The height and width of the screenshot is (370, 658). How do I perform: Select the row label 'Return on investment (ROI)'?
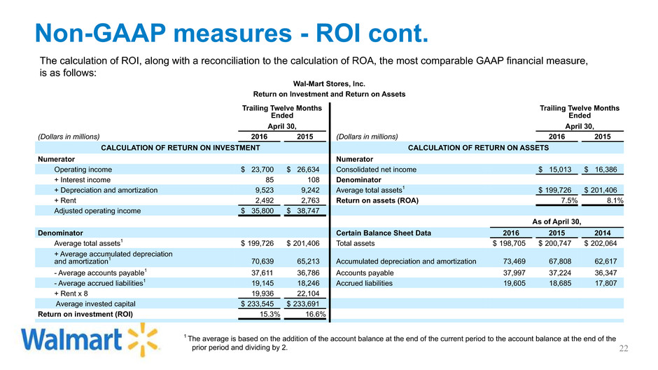click(83, 314)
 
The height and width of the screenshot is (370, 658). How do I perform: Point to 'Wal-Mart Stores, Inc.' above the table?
click(328, 81)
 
